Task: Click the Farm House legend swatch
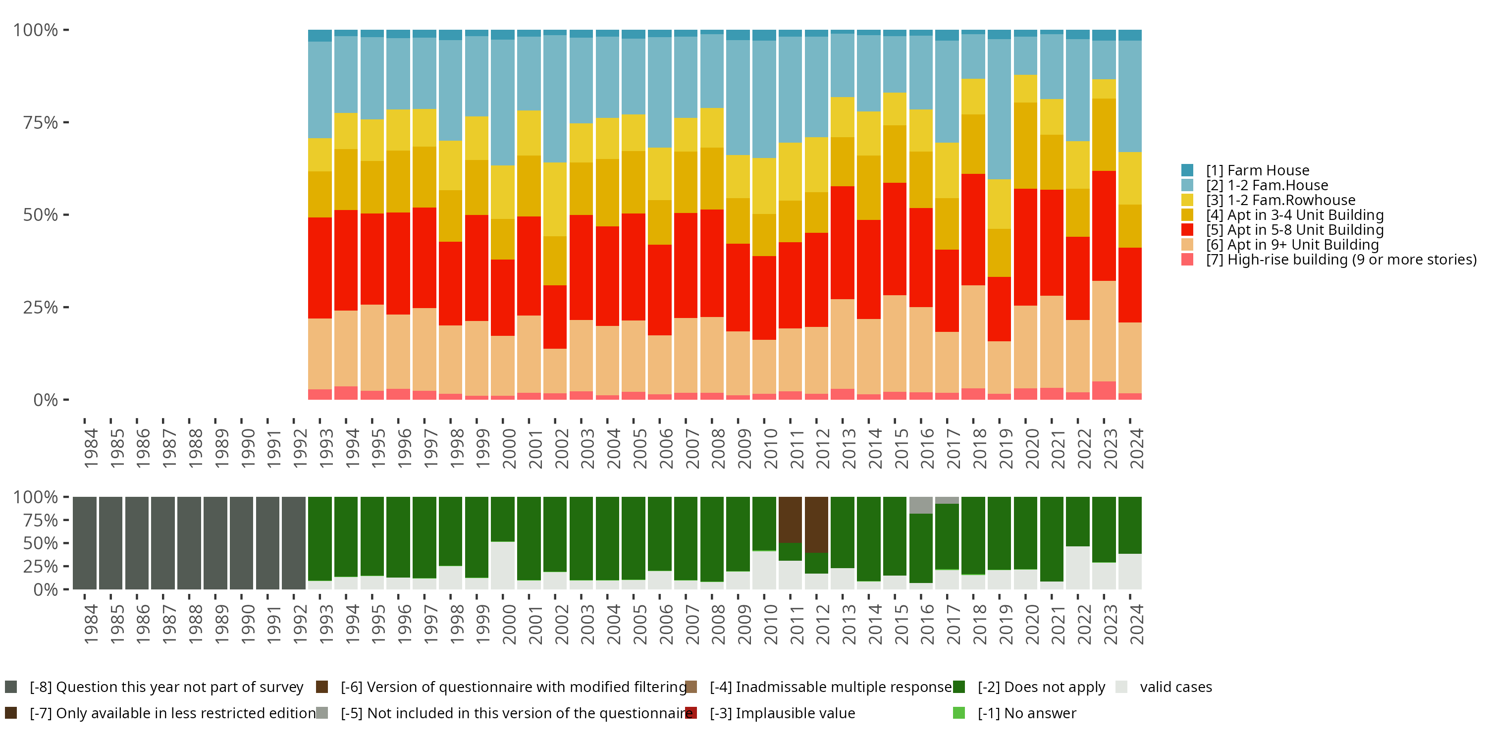[x=1187, y=170]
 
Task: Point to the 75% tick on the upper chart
[x=41, y=122]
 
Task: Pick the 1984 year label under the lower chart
[x=91, y=624]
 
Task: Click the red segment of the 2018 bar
[x=973, y=230]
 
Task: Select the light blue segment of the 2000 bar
[x=502, y=103]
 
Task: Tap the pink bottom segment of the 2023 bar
[x=1104, y=390]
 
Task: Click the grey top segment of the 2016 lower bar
[x=921, y=505]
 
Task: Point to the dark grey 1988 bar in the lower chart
[x=189, y=543]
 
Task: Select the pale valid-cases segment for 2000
[x=502, y=565]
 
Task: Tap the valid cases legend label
[x=1175, y=687]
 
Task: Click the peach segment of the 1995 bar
[x=372, y=348]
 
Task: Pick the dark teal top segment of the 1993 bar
[x=319, y=36]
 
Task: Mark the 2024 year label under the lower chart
[x=1136, y=624]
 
